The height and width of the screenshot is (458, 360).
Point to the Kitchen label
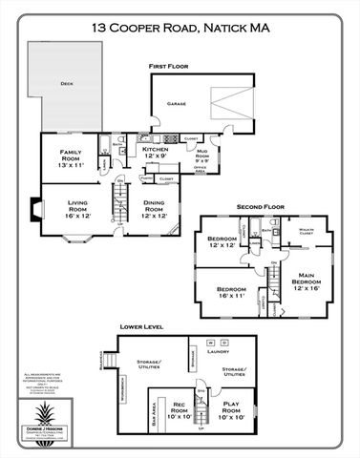coord(156,153)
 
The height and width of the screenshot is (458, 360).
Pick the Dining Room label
coord(155,209)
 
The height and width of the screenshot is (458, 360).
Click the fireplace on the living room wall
coord(35,209)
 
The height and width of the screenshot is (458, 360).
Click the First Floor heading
coord(168,65)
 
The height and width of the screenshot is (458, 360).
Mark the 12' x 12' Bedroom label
coord(222,242)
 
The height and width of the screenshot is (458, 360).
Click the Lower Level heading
coord(140,326)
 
